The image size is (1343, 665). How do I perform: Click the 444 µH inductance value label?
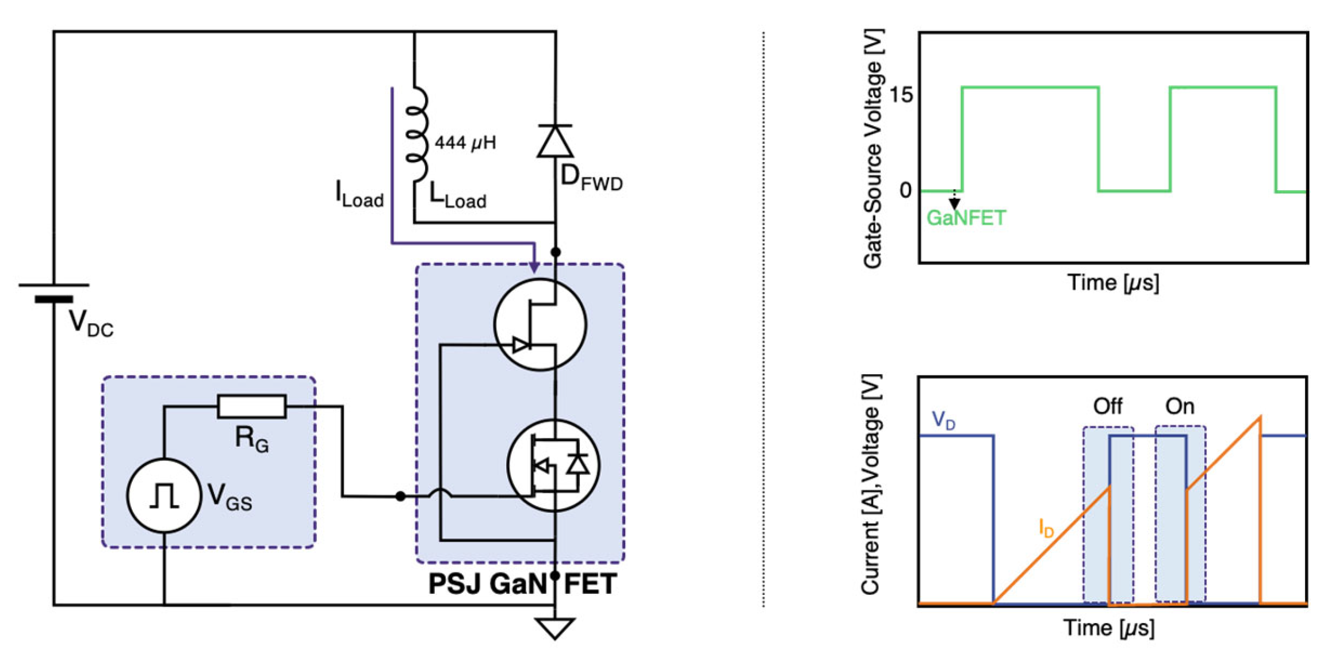[465, 143]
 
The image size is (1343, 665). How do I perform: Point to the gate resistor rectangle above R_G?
[251, 406]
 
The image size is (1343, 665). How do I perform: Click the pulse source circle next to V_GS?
[164, 495]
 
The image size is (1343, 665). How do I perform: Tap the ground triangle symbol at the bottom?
[554, 627]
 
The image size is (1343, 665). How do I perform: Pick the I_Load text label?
[359, 194]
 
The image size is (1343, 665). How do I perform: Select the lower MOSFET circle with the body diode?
[553, 465]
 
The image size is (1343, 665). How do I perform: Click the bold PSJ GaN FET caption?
[522, 584]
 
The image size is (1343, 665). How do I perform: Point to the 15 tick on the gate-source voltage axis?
[901, 95]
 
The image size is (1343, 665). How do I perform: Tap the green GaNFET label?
[966, 218]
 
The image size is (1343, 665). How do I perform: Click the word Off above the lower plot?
[1107, 406]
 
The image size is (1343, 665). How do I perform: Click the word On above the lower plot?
[1180, 406]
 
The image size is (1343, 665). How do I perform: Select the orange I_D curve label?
[1046, 528]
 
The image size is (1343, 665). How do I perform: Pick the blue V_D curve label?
[943, 420]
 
